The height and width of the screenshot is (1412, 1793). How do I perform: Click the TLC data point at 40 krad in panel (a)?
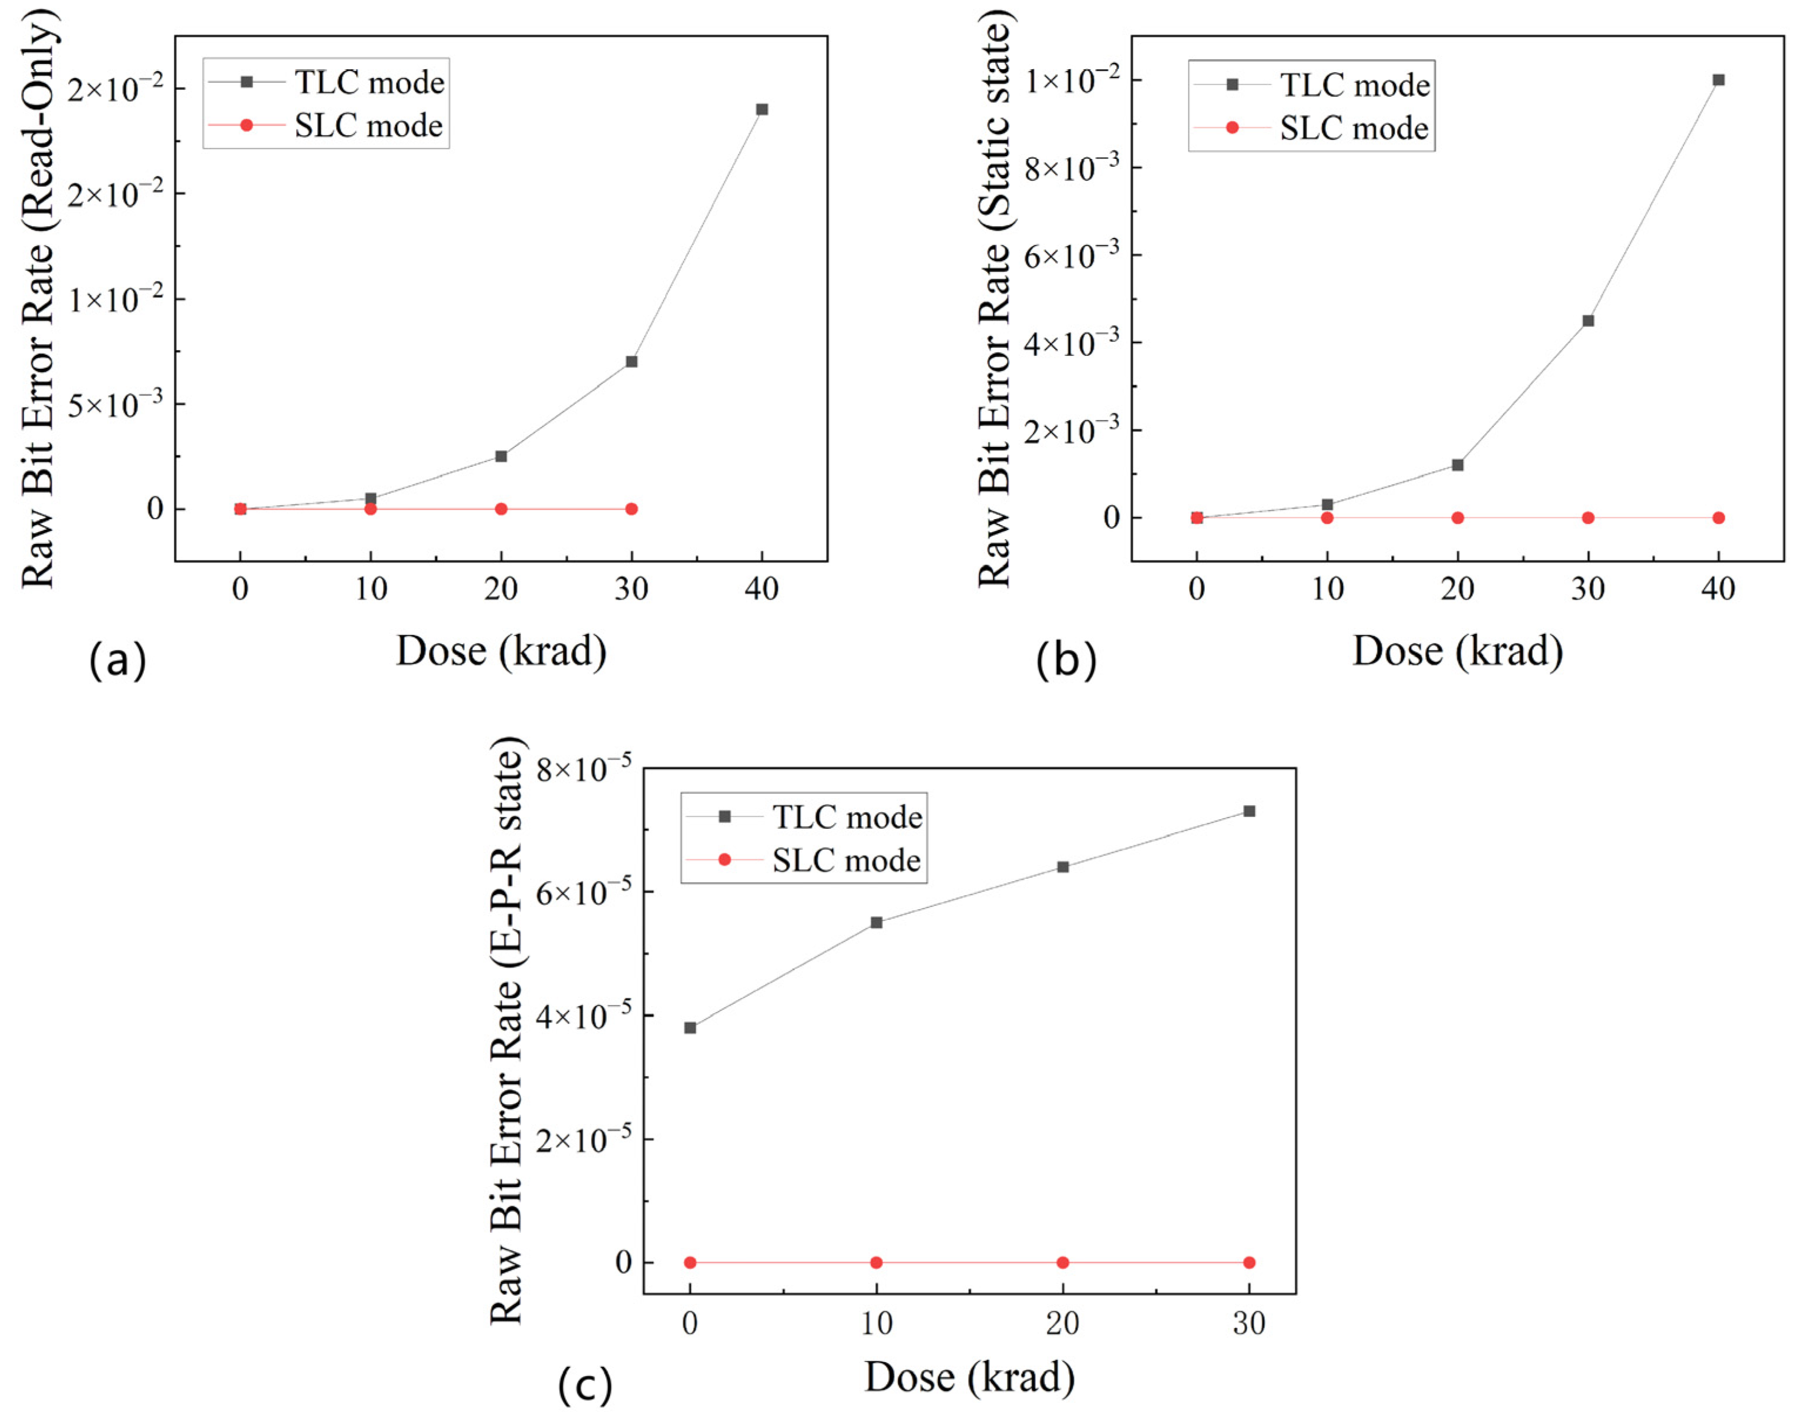coord(761,109)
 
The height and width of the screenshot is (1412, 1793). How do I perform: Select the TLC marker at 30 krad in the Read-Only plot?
coord(632,361)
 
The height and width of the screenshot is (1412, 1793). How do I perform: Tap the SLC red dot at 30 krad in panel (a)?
coord(632,509)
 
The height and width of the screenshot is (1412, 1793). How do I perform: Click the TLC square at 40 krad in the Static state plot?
coord(1718,80)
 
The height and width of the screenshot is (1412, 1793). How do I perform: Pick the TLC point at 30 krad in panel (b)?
coord(1587,321)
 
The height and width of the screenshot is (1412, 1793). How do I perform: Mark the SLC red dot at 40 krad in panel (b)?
coord(1718,517)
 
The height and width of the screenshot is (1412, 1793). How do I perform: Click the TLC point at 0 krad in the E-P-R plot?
coord(690,1028)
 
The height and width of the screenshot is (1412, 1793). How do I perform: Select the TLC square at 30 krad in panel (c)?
coord(1249,811)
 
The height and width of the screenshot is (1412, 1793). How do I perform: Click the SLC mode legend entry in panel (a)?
coord(368,126)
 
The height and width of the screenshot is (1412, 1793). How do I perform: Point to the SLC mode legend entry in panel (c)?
coord(845,860)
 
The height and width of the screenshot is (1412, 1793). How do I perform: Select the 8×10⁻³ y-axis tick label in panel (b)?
coord(1073,168)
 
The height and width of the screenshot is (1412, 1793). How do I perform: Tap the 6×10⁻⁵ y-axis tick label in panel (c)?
coord(583,893)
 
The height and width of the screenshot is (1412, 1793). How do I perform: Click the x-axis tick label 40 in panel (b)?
coord(1718,589)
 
